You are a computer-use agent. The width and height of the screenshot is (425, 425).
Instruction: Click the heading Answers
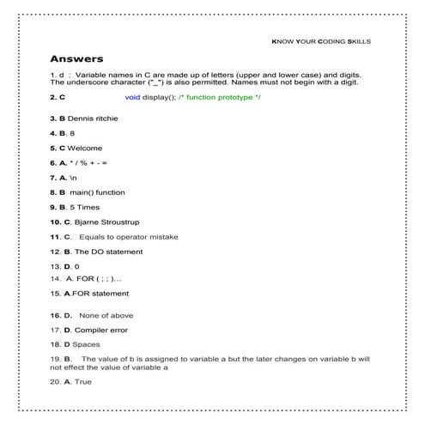[76, 59]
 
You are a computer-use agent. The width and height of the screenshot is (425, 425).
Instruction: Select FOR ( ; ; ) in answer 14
[99, 279]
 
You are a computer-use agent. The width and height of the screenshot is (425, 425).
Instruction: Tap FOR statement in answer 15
[100, 294]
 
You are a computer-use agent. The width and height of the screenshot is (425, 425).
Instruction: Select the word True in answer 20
[83, 381]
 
